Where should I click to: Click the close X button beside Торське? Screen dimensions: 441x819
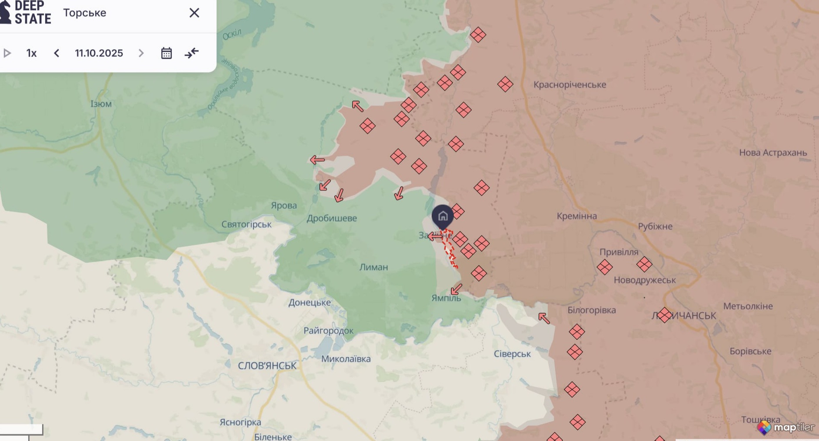pos(194,13)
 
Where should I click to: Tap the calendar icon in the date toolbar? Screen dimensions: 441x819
pos(166,53)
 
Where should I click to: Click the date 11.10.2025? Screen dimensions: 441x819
pos(99,53)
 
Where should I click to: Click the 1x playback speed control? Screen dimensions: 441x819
pos(31,53)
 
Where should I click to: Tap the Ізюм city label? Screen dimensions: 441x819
pos(101,104)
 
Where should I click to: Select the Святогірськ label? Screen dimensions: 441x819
pos(246,224)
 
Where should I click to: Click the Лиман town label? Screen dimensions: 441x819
pos(373,267)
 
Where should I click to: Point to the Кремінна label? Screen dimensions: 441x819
pos(576,216)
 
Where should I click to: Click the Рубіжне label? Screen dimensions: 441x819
pos(655,226)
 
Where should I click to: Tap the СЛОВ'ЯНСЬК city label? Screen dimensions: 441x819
pos(267,366)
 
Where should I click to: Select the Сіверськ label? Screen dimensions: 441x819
pos(512,354)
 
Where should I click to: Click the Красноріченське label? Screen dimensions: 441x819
pos(569,85)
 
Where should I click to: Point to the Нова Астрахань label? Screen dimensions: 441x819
pos(772,153)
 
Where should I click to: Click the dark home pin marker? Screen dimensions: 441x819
pos(443,216)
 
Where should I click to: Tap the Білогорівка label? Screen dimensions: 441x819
pos(591,310)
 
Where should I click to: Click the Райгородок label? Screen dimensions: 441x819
pos(328,331)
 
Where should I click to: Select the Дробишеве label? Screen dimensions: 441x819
pos(332,218)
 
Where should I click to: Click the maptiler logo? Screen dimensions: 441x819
pos(786,428)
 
